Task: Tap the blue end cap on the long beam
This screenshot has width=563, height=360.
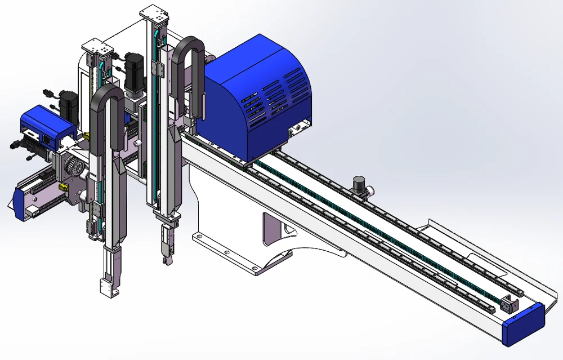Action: [524, 323]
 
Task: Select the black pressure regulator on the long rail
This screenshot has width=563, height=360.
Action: [359, 185]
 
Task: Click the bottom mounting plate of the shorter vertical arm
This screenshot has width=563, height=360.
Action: [108, 287]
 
